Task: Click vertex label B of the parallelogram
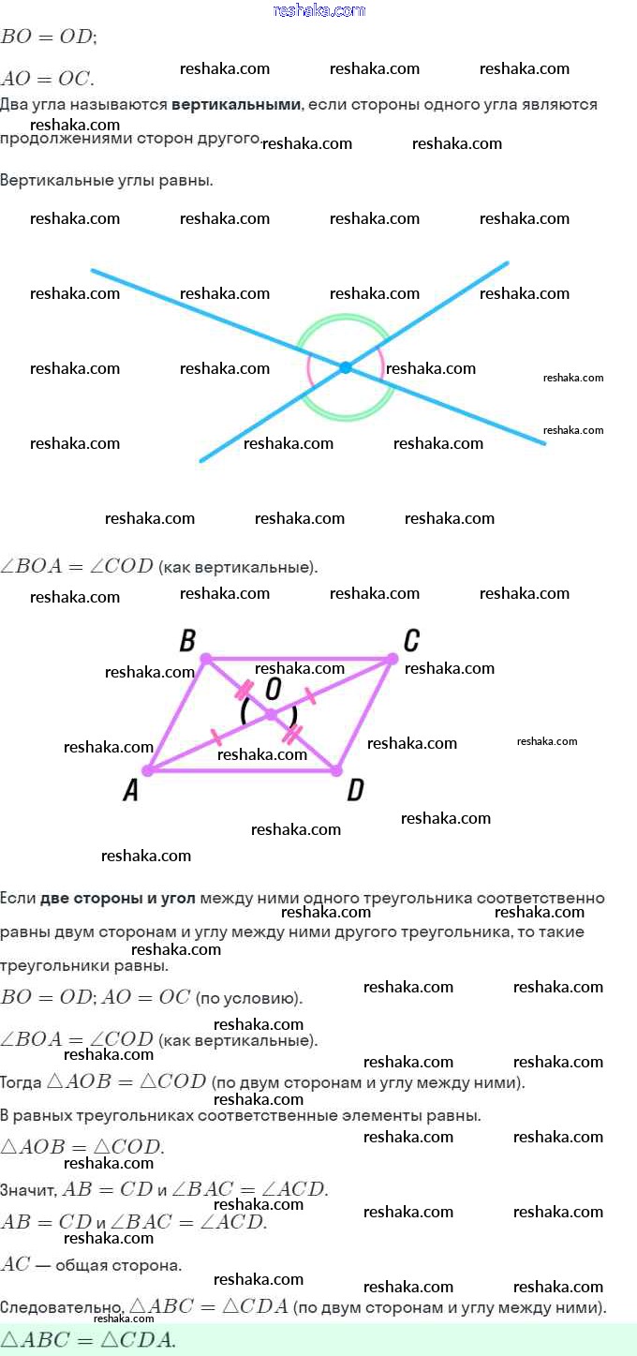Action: click(187, 640)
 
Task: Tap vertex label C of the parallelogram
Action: click(411, 640)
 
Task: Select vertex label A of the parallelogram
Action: click(130, 790)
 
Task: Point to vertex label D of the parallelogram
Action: click(356, 790)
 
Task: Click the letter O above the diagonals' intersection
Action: click(274, 688)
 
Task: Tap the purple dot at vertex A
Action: click(148, 770)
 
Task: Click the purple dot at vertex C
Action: click(393, 658)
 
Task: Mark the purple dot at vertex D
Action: click(336, 770)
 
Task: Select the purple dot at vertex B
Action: click(206, 658)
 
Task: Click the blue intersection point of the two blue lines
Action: click(346, 366)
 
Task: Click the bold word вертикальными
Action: click(236, 104)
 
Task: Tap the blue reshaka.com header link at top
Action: click(318, 10)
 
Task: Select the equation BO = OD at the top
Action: click(48, 37)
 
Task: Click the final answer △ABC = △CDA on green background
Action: click(88, 1340)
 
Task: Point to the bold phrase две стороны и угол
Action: click(118, 899)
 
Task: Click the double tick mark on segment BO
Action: click(244, 689)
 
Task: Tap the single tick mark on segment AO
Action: click(215, 737)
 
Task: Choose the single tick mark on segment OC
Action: click(310, 696)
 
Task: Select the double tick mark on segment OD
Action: click(291, 735)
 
